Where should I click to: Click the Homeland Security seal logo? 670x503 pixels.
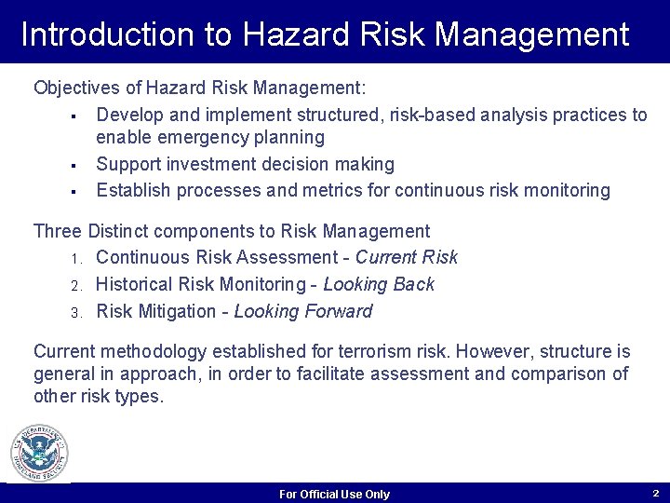point(39,453)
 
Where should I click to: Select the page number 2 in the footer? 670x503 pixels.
point(656,493)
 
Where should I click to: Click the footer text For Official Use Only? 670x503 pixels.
point(334,495)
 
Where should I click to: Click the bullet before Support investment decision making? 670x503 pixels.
point(72,166)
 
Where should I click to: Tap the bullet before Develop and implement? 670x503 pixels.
point(72,116)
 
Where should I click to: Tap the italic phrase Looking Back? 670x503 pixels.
point(379,284)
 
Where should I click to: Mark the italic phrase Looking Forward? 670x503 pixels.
point(303,311)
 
